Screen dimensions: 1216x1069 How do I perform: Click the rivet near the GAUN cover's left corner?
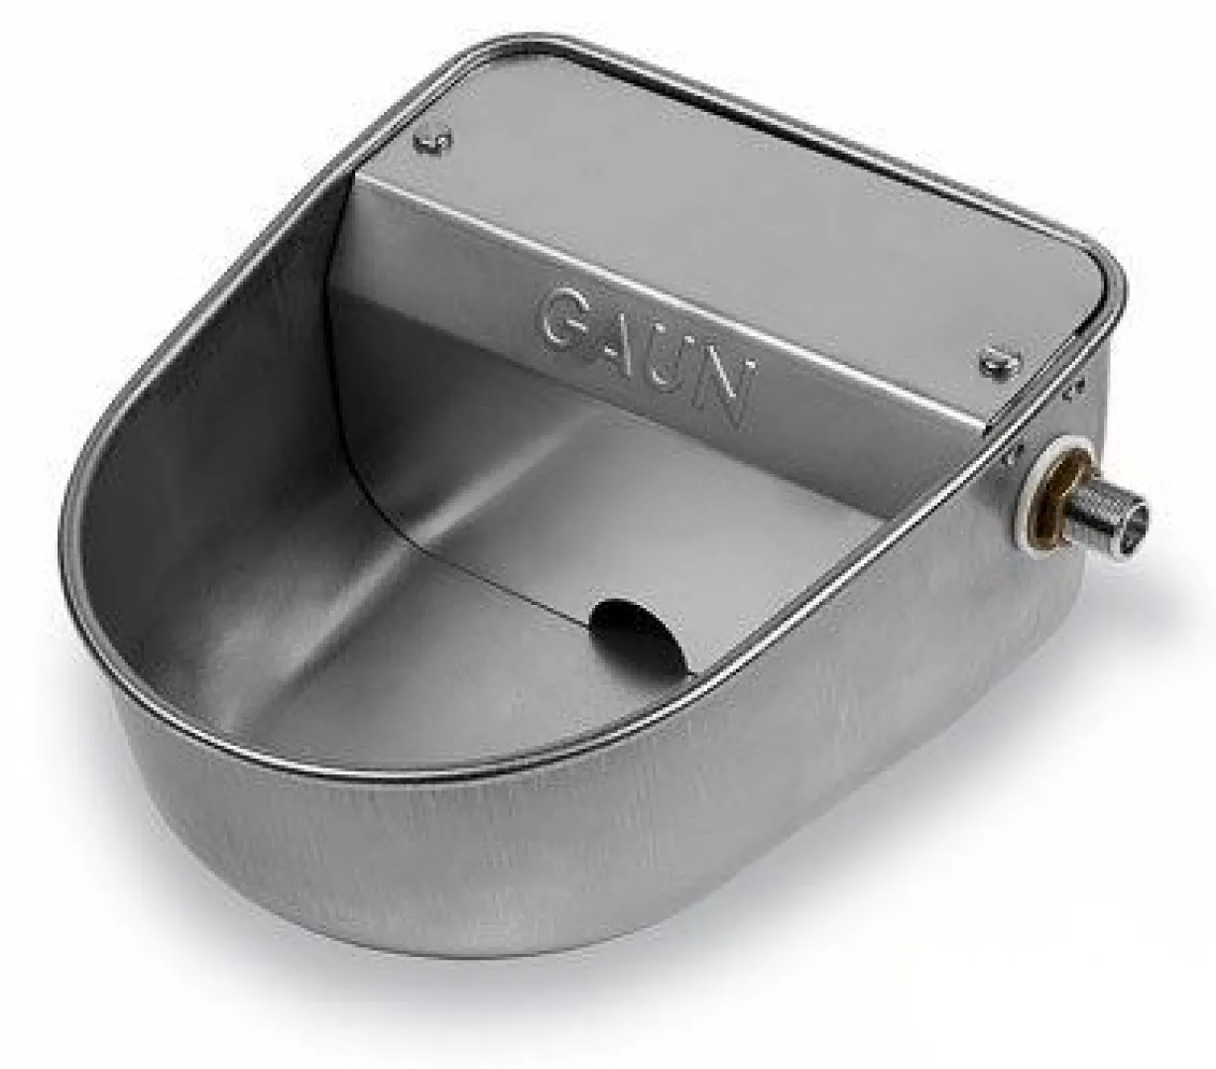[433, 142]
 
